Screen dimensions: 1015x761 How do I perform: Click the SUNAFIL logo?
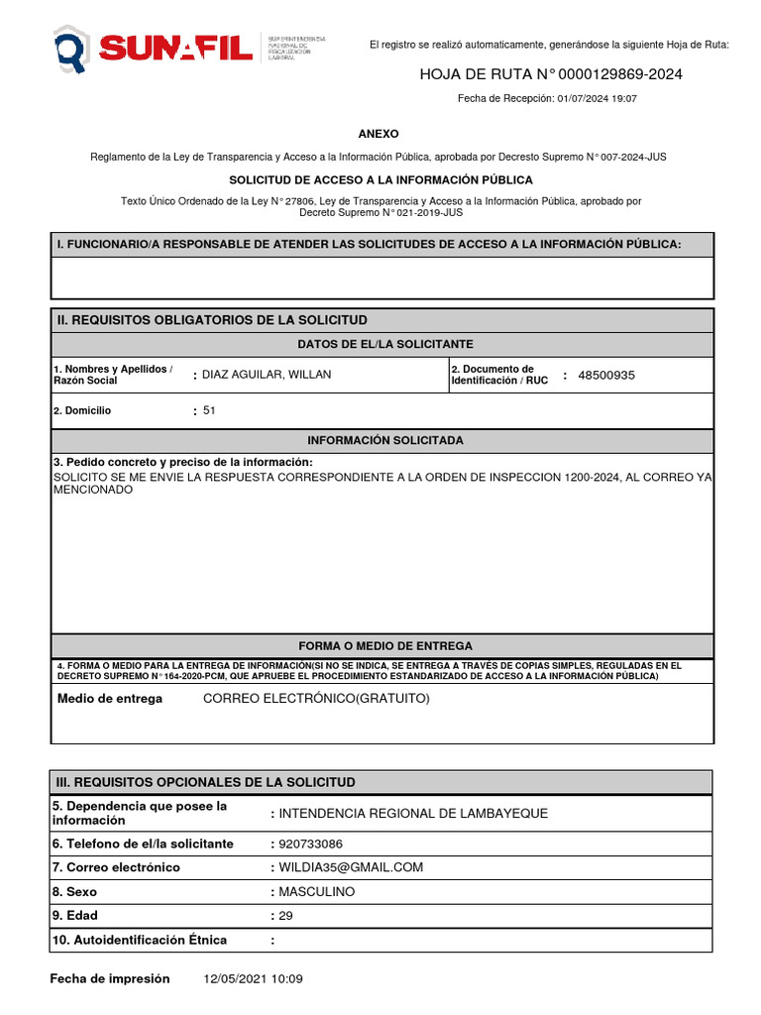coord(154,48)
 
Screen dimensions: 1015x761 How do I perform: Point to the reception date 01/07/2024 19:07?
coord(597,99)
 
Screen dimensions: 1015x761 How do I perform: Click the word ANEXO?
coord(379,134)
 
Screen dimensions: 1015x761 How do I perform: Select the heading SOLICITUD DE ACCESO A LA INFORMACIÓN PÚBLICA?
coord(380,180)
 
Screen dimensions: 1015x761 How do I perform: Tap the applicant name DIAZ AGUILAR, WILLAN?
coord(267,375)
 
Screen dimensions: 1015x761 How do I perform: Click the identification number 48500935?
coord(606,376)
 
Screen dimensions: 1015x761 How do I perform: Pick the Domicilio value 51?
coord(209,410)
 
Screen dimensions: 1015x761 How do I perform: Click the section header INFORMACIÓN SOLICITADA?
coord(384,440)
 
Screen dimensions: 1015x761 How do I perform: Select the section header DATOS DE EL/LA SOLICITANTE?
coord(385,344)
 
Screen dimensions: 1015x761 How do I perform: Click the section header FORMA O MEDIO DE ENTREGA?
coord(385,645)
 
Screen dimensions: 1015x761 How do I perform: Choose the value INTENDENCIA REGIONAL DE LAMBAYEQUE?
coord(413,814)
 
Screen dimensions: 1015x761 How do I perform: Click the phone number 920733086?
coord(311,845)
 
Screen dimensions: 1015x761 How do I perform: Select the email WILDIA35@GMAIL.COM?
coord(351,867)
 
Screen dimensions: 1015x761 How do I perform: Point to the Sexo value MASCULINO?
coord(316,892)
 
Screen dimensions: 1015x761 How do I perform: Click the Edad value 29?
coord(286,916)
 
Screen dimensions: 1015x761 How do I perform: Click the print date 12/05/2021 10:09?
coord(253,979)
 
